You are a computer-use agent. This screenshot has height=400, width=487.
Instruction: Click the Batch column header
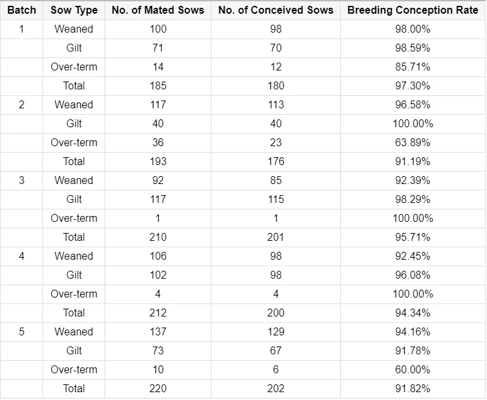(x=22, y=10)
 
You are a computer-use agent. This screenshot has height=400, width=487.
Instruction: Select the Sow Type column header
(x=74, y=10)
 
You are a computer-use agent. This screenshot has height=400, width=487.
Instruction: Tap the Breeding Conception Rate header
(x=413, y=10)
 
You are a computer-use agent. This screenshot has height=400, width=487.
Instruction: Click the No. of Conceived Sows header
(x=275, y=10)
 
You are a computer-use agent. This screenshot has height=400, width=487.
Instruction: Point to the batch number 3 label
(x=22, y=181)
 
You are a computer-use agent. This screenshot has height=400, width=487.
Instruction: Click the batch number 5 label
(x=22, y=331)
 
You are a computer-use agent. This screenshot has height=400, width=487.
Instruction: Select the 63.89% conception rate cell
(x=413, y=142)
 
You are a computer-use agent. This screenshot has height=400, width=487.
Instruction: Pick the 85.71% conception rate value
(x=413, y=67)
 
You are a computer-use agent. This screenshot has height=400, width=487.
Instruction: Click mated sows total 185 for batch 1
(x=158, y=85)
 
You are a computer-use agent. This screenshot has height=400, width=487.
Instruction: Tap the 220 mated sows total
(x=158, y=388)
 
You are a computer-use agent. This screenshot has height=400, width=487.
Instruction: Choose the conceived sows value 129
(x=275, y=331)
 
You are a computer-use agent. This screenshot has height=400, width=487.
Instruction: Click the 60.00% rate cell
(x=413, y=369)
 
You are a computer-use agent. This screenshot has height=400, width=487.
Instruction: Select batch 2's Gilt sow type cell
(x=74, y=123)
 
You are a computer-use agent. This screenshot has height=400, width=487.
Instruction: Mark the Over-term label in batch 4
(x=74, y=294)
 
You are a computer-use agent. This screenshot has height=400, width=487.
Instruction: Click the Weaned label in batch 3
(x=74, y=181)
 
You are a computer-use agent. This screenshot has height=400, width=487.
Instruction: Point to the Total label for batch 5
(x=74, y=388)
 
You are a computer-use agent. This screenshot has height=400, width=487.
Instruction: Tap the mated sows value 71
(x=158, y=48)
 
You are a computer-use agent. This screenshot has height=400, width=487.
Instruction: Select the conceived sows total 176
(x=275, y=161)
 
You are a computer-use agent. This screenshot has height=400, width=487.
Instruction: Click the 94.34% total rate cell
(x=413, y=313)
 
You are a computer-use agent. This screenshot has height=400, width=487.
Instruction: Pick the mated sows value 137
(x=158, y=331)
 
